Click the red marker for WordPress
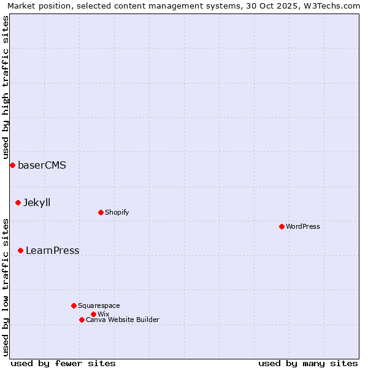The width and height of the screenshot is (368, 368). coord(282,226)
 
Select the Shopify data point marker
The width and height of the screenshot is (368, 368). coord(101,212)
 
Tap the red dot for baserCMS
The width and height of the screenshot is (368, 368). coord(12,165)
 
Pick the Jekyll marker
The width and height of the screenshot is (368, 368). coord(18,202)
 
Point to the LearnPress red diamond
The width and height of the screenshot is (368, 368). coord(20,250)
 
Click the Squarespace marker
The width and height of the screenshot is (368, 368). coord(74,305)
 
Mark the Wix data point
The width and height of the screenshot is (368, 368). coord(93,314)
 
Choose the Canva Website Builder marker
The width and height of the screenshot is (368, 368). coord(82,320)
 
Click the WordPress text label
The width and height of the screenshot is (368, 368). coord(303,226)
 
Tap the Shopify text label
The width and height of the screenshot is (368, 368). coord(117,212)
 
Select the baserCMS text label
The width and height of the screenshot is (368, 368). coord(42,165)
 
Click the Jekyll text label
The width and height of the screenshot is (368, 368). coord(37,202)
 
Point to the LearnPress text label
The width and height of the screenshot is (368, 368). coord(52,250)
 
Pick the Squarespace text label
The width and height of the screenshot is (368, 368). coord(99,305)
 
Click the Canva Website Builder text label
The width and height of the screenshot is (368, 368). coord(123,320)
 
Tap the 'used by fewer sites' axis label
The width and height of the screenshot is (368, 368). coord(63,363)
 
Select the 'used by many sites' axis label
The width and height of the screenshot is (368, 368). coord(308,363)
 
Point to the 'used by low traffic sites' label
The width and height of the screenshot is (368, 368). coord(6,287)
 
